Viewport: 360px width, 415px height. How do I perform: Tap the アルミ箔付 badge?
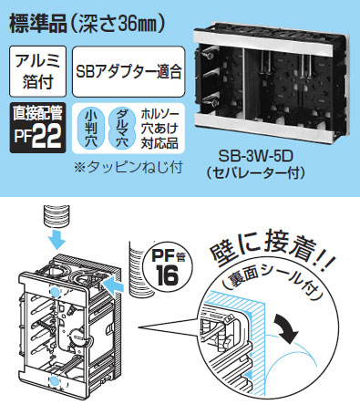click(x=37, y=71)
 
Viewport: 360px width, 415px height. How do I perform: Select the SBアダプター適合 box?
click(x=129, y=71)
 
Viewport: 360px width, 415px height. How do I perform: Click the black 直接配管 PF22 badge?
click(x=37, y=128)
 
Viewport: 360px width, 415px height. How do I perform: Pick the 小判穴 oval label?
click(x=91, y=129)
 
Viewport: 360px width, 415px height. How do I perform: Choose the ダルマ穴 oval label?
click(x=122, y=129)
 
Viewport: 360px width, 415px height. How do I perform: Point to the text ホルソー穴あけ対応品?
click(x=159, y=129)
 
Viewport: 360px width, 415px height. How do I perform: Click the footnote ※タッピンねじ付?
click(x=129, y=167)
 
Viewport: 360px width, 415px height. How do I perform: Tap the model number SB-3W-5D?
click(x=255, y=157)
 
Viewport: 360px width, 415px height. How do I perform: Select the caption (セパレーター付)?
click(x=255, y=173)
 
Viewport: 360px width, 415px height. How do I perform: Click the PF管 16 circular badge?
click(x=168, y=268)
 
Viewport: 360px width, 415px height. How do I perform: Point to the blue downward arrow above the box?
click(x=57, y=239)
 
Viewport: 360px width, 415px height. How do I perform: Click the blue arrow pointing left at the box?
click(x=114, y=286)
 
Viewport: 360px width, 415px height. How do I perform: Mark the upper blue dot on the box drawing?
click(x=56, y=291)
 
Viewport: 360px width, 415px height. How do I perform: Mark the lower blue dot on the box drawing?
click(x=55, y=381)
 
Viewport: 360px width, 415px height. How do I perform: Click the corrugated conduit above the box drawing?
click(x=57, y=216)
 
